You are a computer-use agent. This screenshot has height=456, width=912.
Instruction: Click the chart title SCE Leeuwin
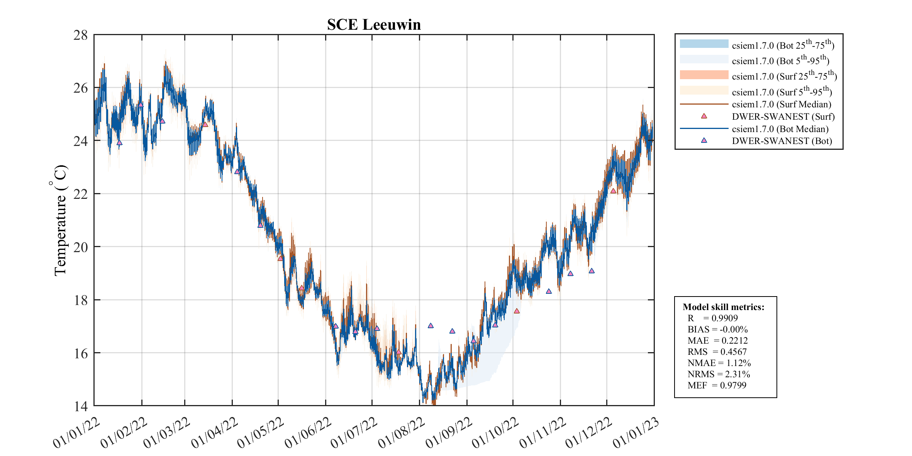373,25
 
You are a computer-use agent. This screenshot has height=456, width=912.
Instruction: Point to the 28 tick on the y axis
81,35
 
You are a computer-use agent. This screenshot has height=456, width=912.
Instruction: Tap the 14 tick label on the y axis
81,406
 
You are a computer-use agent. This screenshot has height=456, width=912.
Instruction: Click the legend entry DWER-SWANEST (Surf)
783,117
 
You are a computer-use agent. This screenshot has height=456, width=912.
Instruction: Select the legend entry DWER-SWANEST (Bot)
781,141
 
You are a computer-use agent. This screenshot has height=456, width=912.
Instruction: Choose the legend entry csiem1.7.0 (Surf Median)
781,104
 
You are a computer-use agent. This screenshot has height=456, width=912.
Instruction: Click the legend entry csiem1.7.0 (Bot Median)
780,129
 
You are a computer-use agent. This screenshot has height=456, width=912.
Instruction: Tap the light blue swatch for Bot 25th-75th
704,44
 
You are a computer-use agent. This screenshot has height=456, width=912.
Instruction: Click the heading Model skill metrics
723,307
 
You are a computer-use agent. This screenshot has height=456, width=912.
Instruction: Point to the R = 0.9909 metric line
712,318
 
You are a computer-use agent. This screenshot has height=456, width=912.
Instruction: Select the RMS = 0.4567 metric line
717,352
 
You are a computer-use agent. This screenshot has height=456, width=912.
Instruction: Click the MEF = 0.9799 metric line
717,385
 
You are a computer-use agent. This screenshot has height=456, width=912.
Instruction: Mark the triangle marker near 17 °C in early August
431,325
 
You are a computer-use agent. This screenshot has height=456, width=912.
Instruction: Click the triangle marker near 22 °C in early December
613,191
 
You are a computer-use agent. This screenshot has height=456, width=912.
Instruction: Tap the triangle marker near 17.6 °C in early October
517,311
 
